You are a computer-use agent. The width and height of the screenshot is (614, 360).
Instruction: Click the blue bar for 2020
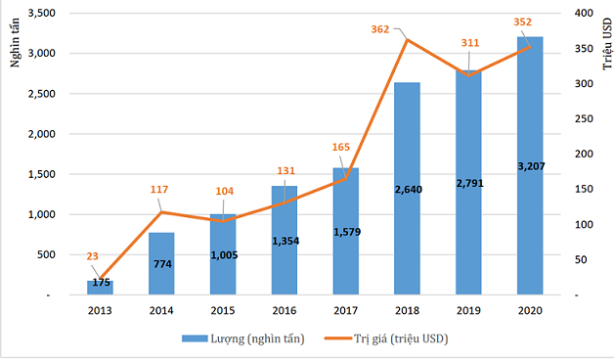click(529, 196)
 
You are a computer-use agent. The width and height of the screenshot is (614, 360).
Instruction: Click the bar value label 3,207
click(529, 166)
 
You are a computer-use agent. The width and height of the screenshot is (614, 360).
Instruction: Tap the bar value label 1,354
click(285, 240)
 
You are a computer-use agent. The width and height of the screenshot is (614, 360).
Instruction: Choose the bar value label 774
click(161, 263)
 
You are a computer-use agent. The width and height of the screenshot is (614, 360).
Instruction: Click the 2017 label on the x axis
click(346, 309)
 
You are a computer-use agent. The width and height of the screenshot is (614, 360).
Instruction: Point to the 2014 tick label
click(161, 309)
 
